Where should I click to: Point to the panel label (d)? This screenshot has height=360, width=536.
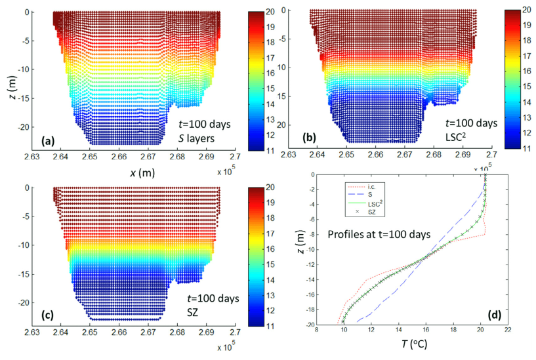[491, 316]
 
